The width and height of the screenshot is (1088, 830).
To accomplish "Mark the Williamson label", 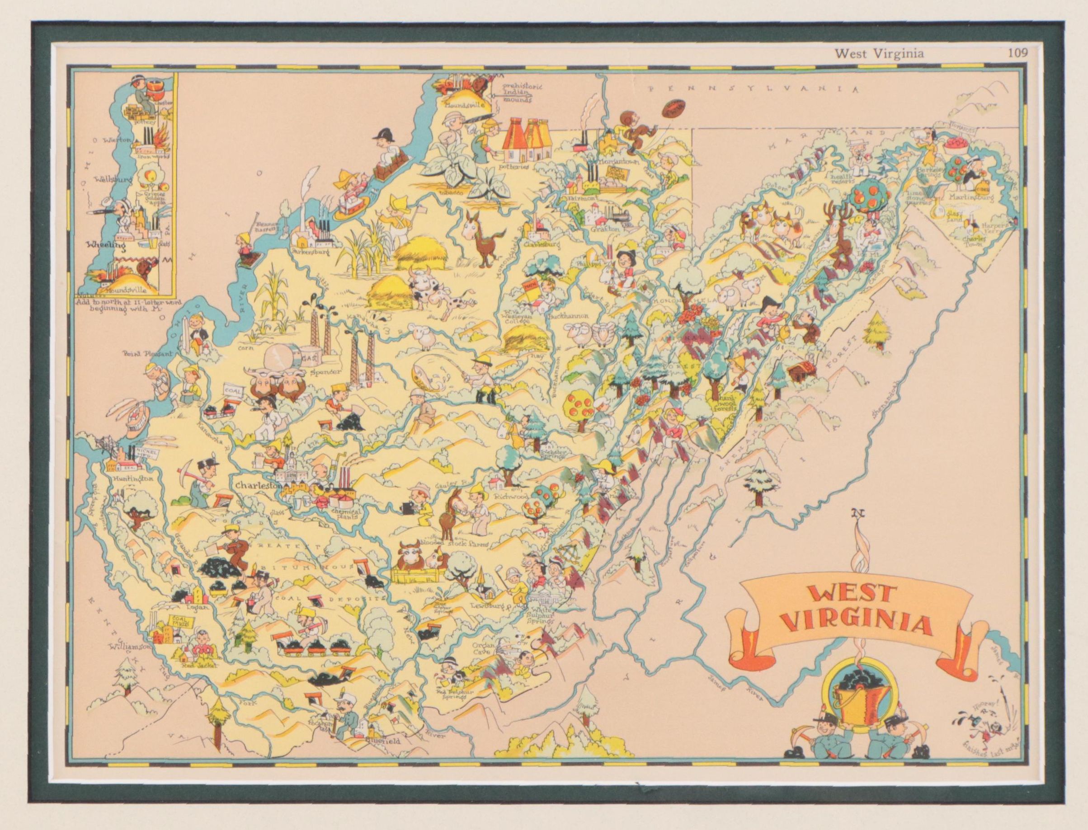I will point(130,646).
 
